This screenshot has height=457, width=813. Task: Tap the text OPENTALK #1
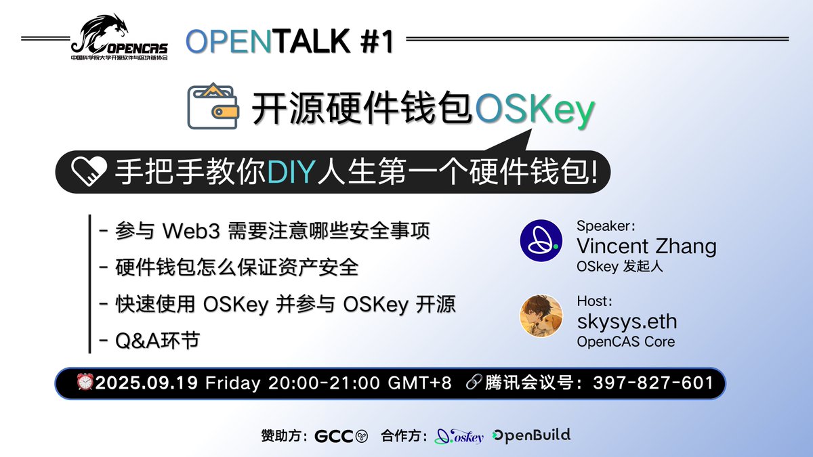click(289, 42)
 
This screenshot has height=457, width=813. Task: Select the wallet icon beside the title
click(212, 106)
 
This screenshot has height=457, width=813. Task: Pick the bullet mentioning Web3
click(264, 231)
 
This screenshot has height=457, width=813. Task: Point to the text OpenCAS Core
click(625, 342)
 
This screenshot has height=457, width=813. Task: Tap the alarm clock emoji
click(85, 383)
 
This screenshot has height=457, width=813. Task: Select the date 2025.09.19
click(147, 383)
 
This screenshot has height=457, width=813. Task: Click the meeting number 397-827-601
click(652, 383)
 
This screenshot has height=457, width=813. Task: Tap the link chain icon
click(474, 383)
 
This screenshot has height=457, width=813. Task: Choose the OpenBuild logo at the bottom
click(531, 435)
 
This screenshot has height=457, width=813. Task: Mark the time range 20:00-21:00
click(324, 383)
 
